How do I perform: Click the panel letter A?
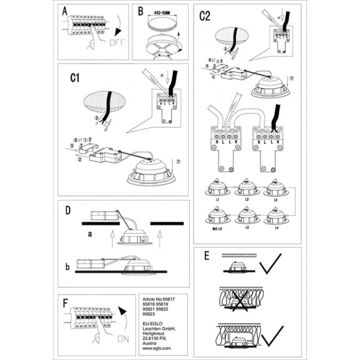[x=64, y=12]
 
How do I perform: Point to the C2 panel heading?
[x=205, y=16]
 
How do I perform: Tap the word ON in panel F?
[x=122, y=338]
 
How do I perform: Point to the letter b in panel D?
[x=68, y=267]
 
